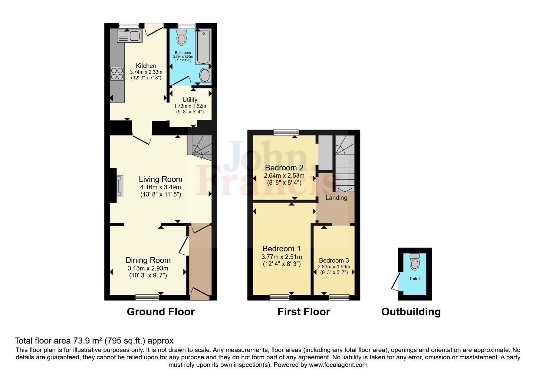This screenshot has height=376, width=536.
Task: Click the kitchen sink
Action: click(x=129, y=36)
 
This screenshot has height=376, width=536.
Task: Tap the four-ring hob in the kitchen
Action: click(x=117, y=73)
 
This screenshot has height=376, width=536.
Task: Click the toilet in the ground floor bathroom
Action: click(x=182, y=38)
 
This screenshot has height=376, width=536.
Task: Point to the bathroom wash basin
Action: click(x=206, y=76)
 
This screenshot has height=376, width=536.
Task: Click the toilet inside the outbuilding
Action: click(x=415, y=262)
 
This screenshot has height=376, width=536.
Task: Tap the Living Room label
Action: click(x=160, y=179)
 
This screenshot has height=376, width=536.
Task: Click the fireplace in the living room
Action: click(x=120, y=186)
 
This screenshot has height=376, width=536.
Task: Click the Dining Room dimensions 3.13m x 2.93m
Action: click(x=148, y=268)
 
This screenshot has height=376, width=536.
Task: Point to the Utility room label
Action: click(x=190, y=100)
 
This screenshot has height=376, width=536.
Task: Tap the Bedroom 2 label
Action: click(x=284, y=168)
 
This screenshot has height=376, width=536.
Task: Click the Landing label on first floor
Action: click(x=336, y=198)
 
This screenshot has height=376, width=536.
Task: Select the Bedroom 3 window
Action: click(x=339, y=298)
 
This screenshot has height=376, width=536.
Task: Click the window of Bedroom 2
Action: click(x=286, y=133)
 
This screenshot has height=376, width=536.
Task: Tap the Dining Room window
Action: click(x=147, y=298)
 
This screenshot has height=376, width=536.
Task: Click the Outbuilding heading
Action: click(x=411, y=312)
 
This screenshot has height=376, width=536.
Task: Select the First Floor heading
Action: click(x=304, y=312)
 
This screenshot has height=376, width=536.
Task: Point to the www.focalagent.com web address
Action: click(x=338, y=365)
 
